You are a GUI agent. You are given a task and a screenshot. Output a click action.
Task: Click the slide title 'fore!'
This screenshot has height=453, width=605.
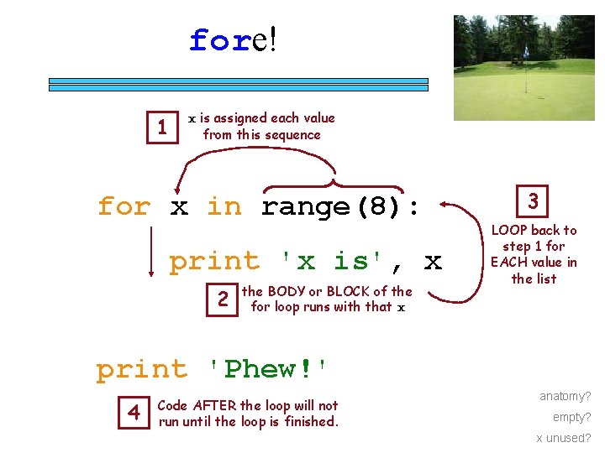(x=233, y=39)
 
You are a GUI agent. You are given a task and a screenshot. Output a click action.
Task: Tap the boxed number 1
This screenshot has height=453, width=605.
(x=162, y=128)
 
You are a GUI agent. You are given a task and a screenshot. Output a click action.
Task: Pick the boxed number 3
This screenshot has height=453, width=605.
(x=533, y=201)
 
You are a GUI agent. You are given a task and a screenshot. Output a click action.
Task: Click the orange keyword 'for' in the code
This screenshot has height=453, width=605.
(x=124, y=206)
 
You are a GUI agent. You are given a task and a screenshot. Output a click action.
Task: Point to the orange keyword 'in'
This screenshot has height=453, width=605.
(x=224, y=206)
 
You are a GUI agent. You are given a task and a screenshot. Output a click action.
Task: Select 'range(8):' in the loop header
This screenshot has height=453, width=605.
(x=340, y=206)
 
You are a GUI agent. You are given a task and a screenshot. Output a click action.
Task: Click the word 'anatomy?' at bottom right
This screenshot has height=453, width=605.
(x=565, y=396)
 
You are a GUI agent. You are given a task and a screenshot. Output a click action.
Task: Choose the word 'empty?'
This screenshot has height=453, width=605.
(x=571, y=417)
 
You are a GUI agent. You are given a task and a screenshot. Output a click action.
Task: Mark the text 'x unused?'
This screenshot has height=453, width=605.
(x=563, y=438)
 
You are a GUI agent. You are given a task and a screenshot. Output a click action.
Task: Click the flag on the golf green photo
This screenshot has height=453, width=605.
(x=526, y=51)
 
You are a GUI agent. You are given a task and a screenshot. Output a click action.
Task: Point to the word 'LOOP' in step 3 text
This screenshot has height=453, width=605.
(x=508, y=230)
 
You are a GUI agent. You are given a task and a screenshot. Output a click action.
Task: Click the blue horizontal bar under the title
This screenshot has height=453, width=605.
(x=238, y=84)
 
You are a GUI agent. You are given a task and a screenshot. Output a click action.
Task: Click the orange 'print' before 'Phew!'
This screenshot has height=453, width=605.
(x=142, y=369)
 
